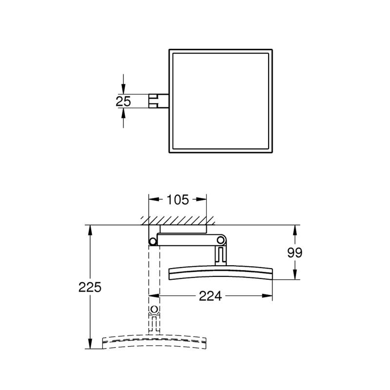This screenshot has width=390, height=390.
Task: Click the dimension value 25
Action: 123,101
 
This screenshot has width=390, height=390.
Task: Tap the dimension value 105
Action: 177,199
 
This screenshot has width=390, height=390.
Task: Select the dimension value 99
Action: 295,253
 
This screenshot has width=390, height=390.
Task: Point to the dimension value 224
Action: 210,296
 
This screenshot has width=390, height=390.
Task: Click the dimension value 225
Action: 90,287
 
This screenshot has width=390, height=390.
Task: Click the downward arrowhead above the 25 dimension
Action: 123,89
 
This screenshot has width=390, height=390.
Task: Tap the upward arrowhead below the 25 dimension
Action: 123,113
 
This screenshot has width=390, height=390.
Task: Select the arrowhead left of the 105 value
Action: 154,199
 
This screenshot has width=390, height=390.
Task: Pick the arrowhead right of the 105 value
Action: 201,199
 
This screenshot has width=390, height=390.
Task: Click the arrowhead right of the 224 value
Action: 267,296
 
